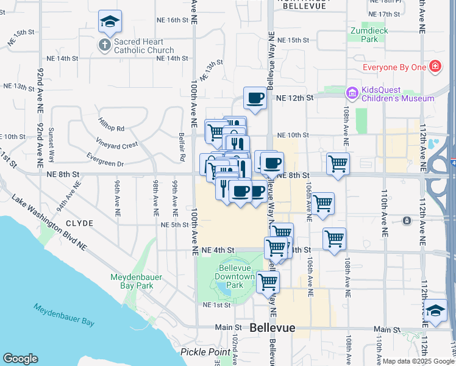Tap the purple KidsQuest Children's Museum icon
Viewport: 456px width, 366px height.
[x=352, y=93]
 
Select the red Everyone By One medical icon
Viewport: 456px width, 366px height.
[x=435, y=66]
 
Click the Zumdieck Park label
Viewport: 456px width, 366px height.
[x=365, y=35]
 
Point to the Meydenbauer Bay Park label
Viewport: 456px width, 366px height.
[x=136, y=281]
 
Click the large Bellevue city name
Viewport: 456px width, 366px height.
[x=273, y=328]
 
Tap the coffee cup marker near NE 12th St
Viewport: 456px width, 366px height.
[x=255, y=98]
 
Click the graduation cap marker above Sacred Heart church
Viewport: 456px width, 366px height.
[x=110, y=21]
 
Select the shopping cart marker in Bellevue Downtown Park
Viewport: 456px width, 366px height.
[x=268, y=282]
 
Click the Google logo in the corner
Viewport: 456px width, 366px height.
[x=20, y=359]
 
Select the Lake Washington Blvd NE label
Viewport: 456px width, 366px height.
[x=52, y=223]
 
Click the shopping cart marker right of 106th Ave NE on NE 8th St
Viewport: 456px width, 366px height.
[x=338, y=163]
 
